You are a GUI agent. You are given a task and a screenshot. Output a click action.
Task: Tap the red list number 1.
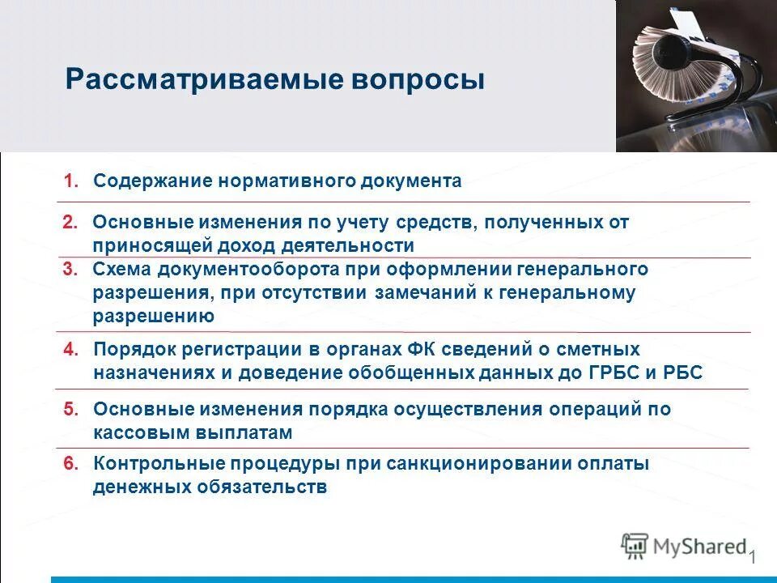70,181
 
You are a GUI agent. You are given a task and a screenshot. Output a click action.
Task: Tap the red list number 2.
70,222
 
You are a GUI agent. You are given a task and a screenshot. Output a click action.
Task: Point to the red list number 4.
70,350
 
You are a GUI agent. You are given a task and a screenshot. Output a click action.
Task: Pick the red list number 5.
70,410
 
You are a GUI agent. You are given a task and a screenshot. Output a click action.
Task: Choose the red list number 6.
70,465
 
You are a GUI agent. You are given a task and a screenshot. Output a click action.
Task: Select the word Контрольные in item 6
164,465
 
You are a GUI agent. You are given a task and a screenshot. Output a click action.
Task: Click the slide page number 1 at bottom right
752,557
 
